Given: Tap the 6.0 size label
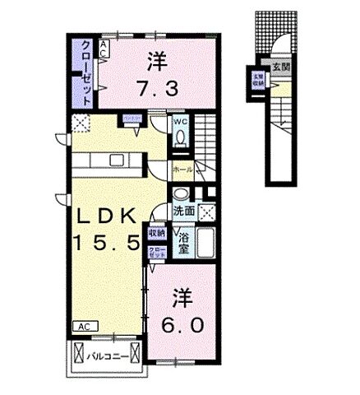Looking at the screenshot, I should pyautogui.click(x=182, y=325).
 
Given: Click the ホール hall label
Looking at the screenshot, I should pyautogui.click(x=183, y=169).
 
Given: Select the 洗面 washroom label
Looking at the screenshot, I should pyautogui.click(x=184, y=211).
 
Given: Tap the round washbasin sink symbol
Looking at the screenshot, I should pyautogui.click(x=180, y=194).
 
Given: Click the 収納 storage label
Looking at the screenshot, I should pyautogui.click(x=156, y=234).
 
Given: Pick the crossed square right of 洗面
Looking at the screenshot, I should pyautogui.click(x=208, y=211).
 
